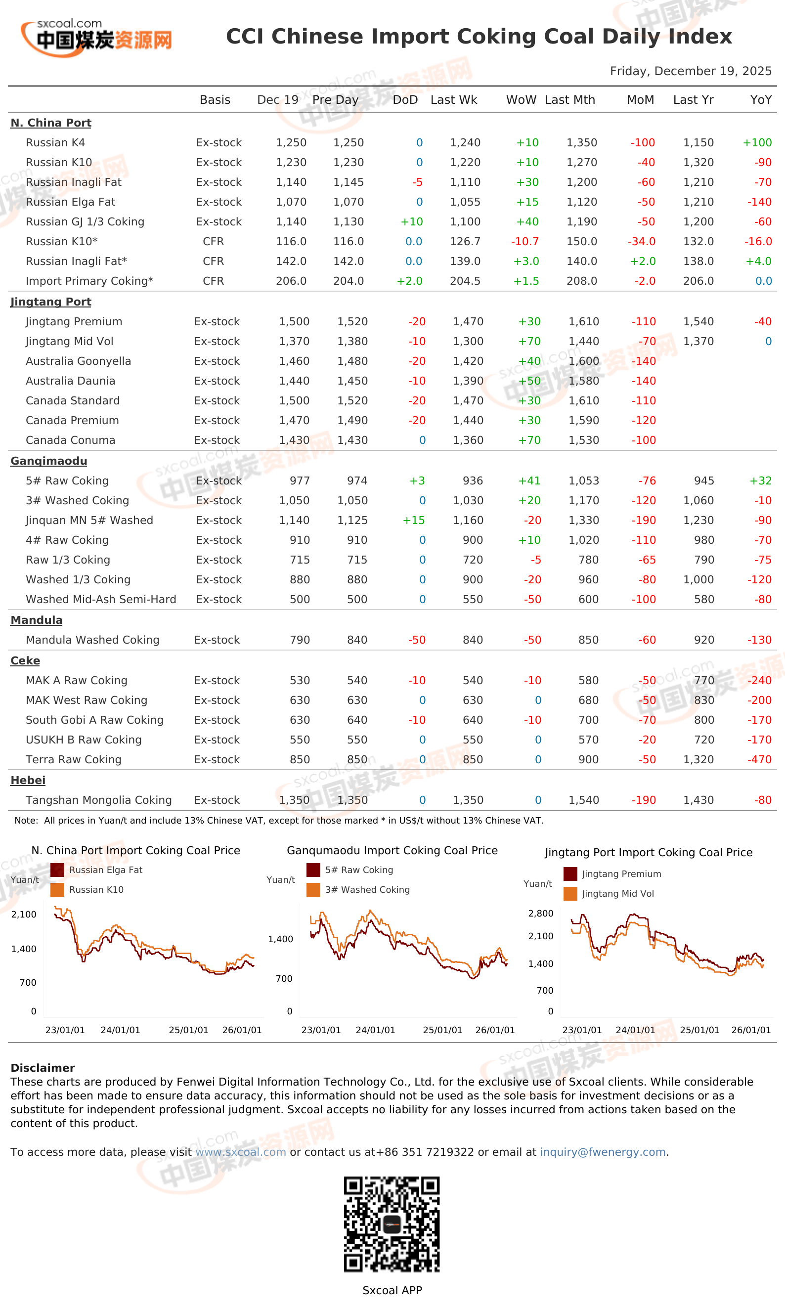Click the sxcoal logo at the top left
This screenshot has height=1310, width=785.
coord(96,38)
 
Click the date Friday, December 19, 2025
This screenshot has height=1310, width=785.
coord(690,71)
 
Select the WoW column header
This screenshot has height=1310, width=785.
coord(521,100)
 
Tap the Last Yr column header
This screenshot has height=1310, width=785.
coord(693,100)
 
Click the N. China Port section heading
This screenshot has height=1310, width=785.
coord(51,123)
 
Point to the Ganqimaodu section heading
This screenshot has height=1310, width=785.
coord(48,461)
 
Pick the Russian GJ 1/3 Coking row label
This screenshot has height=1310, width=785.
coord(85,221)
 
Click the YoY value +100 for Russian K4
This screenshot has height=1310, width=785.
coord(757,143)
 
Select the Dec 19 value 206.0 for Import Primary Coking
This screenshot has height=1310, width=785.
coord(291,281)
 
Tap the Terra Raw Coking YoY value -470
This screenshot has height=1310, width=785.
coord(759,759)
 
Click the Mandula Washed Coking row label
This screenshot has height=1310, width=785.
coord(92,640)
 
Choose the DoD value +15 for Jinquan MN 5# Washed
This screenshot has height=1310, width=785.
coord(414,521)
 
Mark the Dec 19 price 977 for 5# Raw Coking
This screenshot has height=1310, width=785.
coord(300,480)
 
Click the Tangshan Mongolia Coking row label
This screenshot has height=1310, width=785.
coord(99,800)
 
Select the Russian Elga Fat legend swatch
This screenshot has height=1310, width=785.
coord(57,870)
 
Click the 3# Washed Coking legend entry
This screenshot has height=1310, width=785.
coord(358,889)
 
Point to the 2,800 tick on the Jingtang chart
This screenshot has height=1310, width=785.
coord(541,914)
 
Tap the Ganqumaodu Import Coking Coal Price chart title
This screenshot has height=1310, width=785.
coord(392,850)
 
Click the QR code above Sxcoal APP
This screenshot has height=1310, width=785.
coord(392,1224)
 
